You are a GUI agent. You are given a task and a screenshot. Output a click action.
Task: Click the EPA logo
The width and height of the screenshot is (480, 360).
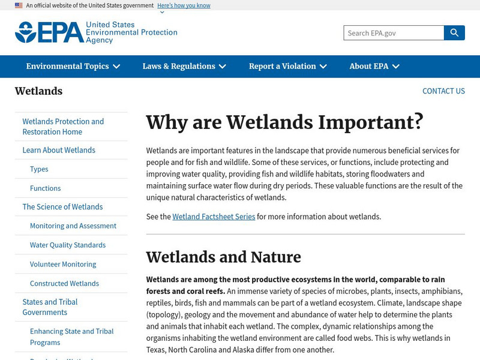pos(96,32)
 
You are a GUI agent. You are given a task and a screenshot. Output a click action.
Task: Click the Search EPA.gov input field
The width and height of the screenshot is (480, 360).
pos(394,33)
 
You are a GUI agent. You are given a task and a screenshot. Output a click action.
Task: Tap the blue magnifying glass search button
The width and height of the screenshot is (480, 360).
pos(454,33)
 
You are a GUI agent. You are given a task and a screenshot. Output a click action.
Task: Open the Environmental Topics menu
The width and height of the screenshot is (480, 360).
pos(73,67)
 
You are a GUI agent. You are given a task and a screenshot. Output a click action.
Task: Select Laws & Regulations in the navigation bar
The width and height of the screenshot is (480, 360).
pos(184,67)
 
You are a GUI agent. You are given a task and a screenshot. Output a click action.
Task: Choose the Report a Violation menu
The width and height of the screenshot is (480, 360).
pos(288,67)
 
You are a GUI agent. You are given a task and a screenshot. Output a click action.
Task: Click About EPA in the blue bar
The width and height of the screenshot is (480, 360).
pos(374,67)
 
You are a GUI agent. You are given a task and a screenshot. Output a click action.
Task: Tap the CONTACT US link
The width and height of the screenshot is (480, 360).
pos(443,91)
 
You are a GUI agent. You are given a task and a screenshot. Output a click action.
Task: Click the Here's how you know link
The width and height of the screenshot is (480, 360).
pos(184,5)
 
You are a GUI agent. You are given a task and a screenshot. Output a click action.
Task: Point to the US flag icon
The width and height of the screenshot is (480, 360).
pos(19,5)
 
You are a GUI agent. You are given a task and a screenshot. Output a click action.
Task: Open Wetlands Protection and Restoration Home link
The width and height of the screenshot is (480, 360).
pos(63,127)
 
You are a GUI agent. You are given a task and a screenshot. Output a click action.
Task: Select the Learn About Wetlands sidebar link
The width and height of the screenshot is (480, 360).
pos(59,150)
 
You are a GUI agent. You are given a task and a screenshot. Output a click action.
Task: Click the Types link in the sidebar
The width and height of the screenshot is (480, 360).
pos(39,169)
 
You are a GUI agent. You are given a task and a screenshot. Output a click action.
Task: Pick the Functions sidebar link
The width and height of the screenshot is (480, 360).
pos(46,188)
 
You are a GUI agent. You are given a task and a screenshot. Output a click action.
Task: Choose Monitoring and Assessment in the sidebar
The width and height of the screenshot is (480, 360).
pos(73,226)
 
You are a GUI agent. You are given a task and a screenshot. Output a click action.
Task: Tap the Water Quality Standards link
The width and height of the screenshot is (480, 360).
pos(68,245)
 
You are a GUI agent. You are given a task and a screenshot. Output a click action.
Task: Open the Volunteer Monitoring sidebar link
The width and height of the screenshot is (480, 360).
pos(63,265)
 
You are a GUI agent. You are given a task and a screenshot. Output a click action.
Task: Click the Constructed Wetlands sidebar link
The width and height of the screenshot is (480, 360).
pos(64,284)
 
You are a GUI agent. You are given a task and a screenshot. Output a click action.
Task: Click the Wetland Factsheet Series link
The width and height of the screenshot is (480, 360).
pos(214,217)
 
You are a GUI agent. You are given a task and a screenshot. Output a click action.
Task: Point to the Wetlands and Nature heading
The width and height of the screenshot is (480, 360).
pos(223,257)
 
